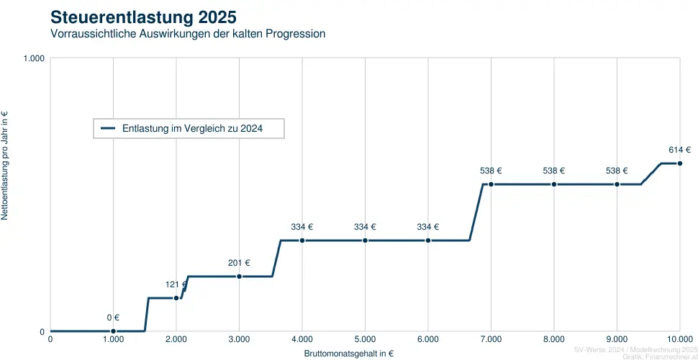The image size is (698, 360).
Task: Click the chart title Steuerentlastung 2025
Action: pos(142,16)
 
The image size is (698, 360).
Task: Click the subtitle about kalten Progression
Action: pos(188,34)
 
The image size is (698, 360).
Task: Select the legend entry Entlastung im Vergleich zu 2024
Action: pos(191,128)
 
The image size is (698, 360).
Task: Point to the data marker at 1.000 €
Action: pos(113,331)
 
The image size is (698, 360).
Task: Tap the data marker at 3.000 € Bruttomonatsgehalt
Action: pos(239,276)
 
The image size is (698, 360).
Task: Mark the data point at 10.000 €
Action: pos(680,163)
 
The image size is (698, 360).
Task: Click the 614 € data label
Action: pos(679,150)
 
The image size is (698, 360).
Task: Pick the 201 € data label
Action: pos(239,263)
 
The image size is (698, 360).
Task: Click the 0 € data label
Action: pos(113,318)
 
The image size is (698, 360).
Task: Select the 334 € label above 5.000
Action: pos(365,227)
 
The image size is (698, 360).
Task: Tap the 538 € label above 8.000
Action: pos(554,171)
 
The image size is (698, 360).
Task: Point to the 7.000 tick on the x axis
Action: pos(491,339)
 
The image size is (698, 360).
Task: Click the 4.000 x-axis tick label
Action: pos(302,339)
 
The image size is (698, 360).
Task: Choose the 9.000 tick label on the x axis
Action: pos(617,339)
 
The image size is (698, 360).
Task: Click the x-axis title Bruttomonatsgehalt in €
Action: pos(349,354)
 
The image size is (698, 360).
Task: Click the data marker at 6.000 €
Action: pos(428,240)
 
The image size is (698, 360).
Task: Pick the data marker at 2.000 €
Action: pos(176,297)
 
